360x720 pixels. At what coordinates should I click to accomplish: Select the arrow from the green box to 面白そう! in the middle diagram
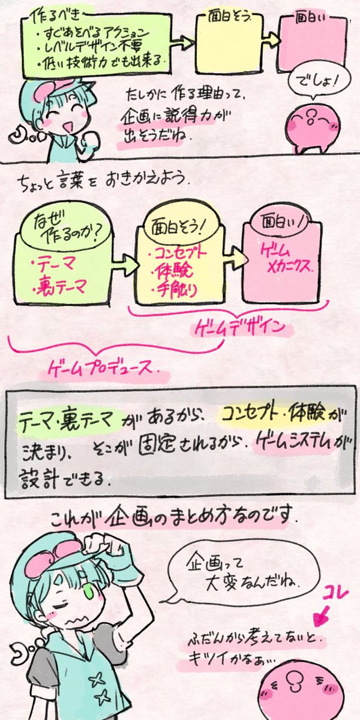point(127,264)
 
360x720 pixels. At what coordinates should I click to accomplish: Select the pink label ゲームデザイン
point(245,328)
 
